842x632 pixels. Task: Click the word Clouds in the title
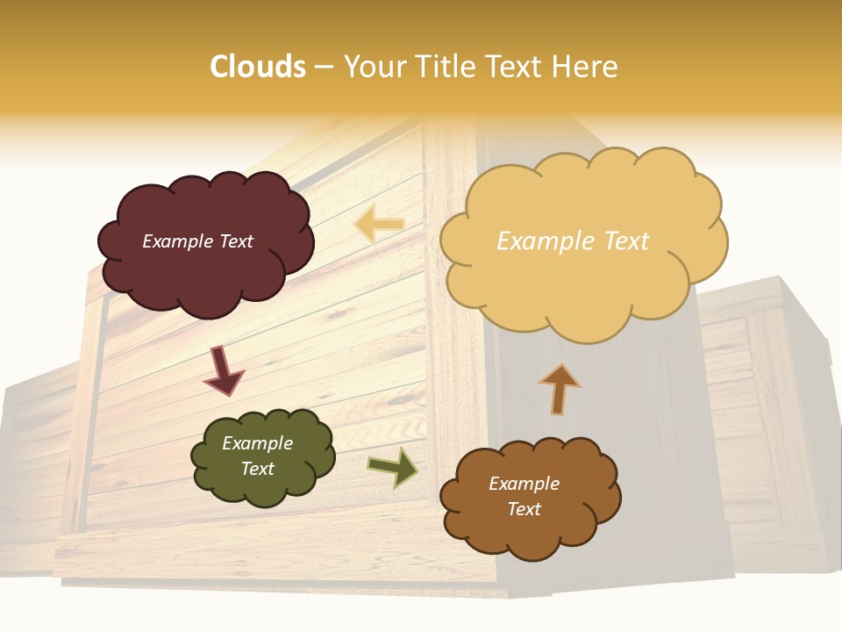258,67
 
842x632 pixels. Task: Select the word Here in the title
584,67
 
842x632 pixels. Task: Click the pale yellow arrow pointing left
379,225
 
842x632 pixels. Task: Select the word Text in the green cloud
258,469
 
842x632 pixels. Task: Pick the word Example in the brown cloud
524,484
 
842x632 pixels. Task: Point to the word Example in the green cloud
258,443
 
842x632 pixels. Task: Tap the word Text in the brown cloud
524,509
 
